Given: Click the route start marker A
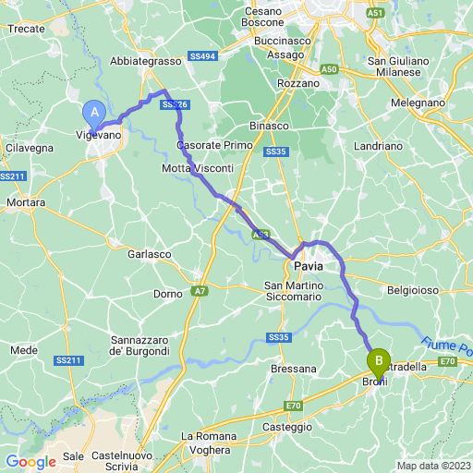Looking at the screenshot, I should coord(93,114).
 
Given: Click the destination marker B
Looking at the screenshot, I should coord(378,360).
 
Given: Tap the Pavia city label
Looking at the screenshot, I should coord(309,266).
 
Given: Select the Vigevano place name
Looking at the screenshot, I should coord(98,134).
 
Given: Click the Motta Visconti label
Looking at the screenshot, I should coord(197,167).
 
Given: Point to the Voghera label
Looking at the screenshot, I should coord(211,450).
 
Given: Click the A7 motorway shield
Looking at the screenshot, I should coord(200,292).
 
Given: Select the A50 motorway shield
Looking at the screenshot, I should coord(329,69).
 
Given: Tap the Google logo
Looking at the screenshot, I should coord(30,462).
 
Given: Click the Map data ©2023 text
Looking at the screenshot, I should coord(433,466).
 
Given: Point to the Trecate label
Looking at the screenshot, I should coord(27,30).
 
